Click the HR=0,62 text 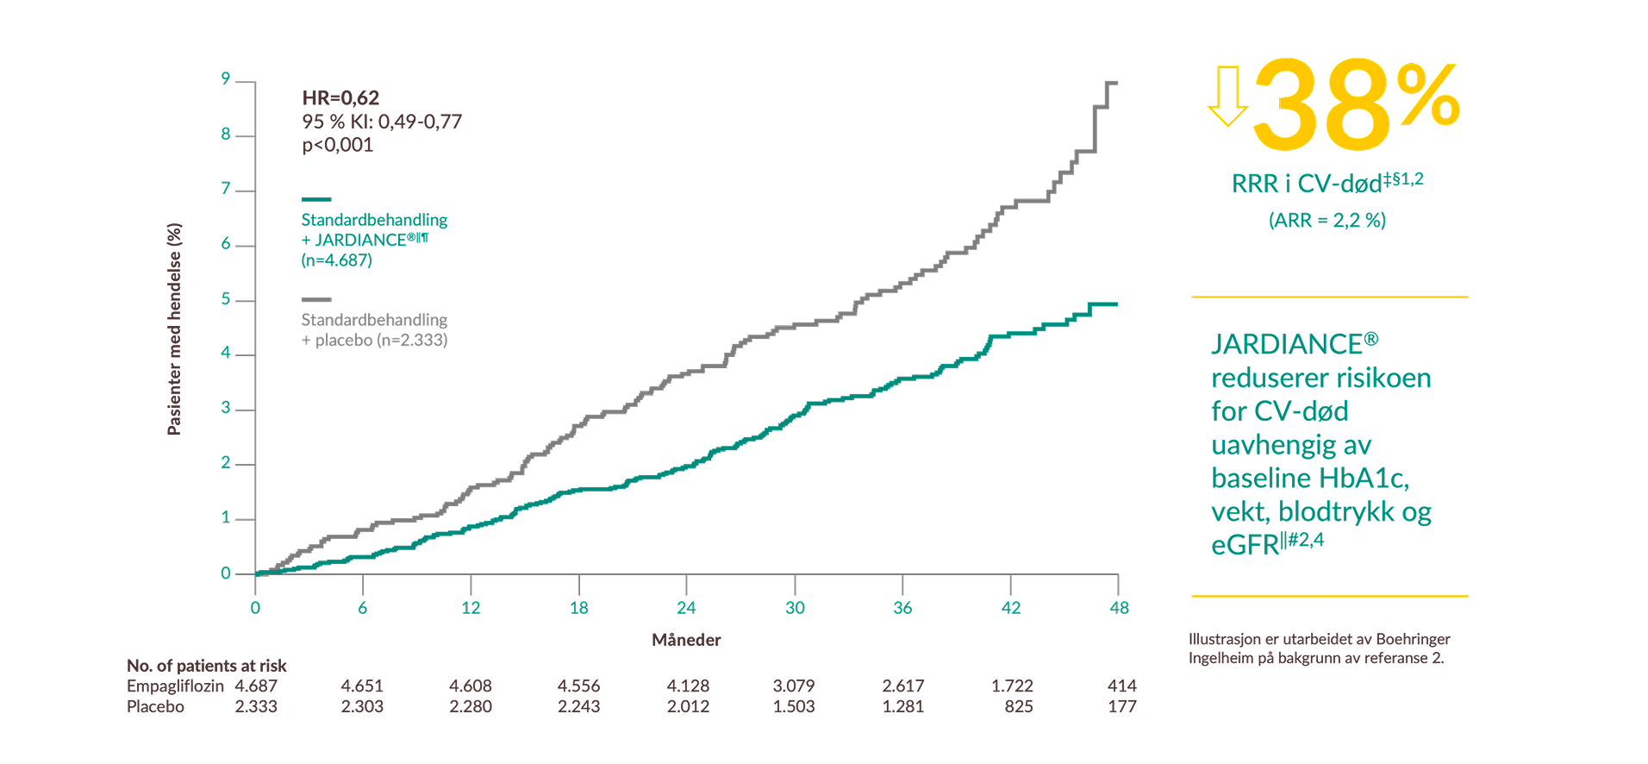pos(340,98)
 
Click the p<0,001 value pos(337,145)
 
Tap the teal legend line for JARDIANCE pos(316,199)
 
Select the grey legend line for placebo pos(316,299)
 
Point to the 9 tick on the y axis pos(226,79)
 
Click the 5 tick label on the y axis pos(226,299)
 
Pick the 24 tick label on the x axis pos(686,608)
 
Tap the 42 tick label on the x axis pos(1011,608)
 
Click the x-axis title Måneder pos(686,640)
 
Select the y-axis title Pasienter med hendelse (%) pos(174,329)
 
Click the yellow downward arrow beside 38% pos(1227,96)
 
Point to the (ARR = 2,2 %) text pos(1327,221)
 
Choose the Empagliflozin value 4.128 pos(688,686)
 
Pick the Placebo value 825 pos(1019,707)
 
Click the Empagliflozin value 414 pos(1121,686)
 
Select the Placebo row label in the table pos(155,707)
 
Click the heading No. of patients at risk pos(207,666)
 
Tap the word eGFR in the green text pos(1245,546)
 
